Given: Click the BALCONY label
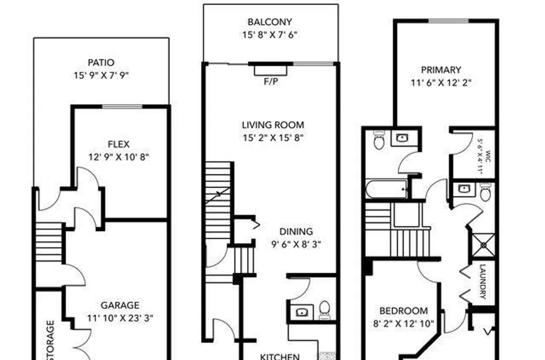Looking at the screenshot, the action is pyautogui.click(x=270, y=22).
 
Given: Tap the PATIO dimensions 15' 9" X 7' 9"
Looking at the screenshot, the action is pyautogui.click(x=101, y=75).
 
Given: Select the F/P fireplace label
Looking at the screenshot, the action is pyautogui.click(x=271, y=82).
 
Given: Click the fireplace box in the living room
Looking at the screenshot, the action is pyautogui.click(x=271, y=70).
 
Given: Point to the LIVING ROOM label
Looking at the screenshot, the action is pyautogui.click(x=273, y=125).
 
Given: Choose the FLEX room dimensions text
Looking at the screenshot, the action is pyautogui.click(x=118, y=157).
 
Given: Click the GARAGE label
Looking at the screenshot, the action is pyautogui.click(x=120, y=306).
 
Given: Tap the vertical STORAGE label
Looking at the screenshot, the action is pyautogui.click(x=51, y=340).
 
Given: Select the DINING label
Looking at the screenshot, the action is pyautogui.click(x=296, y=231).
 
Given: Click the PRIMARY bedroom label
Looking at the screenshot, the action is pyautogui.click(x=441, y=70).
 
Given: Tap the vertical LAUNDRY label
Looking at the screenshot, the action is pyautogui.click(x=483, y=282).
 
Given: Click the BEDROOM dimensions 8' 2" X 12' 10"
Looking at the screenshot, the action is pyautogui.click(x=404, y=324).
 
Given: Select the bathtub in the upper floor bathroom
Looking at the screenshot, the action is pyautogui.click(x=386, y=189).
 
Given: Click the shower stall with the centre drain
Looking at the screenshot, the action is pyautogui.click(x=484, y=245).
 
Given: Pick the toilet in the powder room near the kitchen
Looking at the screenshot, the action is pyautogui.click(x=324, y=309).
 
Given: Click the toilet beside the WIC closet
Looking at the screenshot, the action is pyautogui.click(x=486, y=192).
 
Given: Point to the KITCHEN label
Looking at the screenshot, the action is pyautogui.click(x=280, y=357).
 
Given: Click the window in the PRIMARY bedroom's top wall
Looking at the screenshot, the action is pyautogui.click(x=448, y=21).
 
